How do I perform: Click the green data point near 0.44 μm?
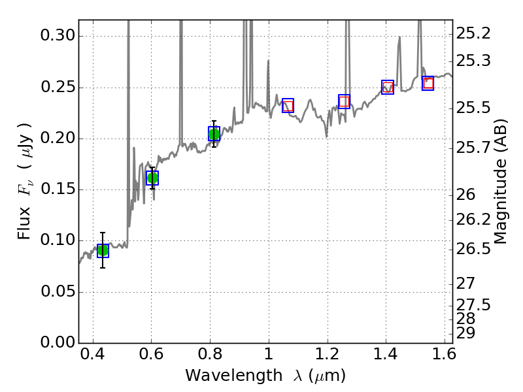(x=103, y=250)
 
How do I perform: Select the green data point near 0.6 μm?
(x=152, y=178)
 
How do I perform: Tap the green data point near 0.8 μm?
(x=214, y=134)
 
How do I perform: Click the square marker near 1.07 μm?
(x=288, y=105)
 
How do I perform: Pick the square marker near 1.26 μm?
(x=344, y=101)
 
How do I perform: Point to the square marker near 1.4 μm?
(x=388, y=87)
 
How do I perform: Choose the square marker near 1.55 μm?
(x=428, y=83)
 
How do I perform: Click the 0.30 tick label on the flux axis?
(x=56, y=36)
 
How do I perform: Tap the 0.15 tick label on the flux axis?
(x=56, y=189)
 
